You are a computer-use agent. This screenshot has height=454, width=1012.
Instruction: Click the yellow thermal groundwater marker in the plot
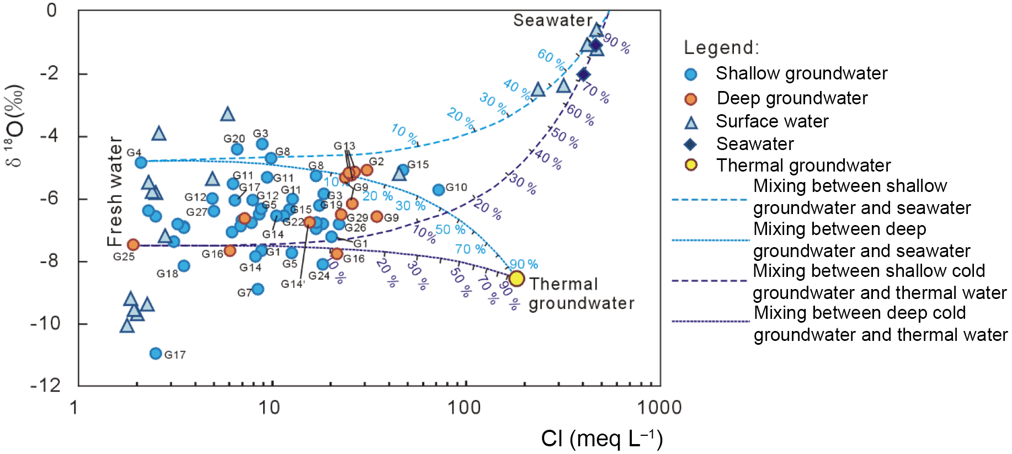click(516, 279)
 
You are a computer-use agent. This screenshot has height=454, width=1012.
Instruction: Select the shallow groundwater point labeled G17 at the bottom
click(156, 353)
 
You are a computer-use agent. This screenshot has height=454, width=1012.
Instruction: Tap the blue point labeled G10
click(439, 190)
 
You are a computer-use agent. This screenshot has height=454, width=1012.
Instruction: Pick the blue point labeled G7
click(258, 289)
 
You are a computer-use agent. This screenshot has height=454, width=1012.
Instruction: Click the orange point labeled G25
click(133, 244)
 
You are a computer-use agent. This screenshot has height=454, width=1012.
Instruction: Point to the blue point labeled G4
click(141, 162)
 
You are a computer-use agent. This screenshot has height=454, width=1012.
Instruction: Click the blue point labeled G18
click(184, 266)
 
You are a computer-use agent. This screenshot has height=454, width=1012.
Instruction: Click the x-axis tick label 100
click(464, 408)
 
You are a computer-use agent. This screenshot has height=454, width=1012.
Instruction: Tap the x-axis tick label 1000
click(659, 408)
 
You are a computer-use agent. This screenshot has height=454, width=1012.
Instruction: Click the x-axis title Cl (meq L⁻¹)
click(601, 439)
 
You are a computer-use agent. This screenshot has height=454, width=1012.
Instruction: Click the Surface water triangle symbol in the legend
click(691, 122)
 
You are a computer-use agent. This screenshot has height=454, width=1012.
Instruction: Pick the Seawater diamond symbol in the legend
click(690, 145)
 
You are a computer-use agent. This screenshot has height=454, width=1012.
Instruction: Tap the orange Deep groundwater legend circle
click(690, 99)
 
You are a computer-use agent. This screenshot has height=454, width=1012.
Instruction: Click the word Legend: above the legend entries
click(721, 47)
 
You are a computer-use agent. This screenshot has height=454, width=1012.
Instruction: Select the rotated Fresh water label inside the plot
click(114, 191)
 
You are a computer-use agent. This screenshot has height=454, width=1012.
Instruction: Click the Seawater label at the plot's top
click(553, 20)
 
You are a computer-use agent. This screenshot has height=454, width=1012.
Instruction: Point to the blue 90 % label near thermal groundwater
click(523, 264)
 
